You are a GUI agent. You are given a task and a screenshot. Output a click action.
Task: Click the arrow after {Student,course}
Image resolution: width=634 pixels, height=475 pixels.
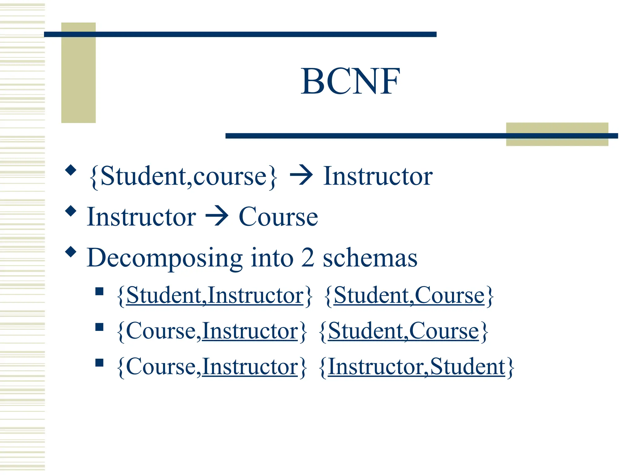click(x=301, y=176)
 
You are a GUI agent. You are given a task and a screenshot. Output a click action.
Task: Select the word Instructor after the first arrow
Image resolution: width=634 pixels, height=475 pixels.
click(x=378, y=176)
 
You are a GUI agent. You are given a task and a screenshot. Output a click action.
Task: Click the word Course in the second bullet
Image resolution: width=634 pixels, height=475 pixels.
click(x=278, y=217)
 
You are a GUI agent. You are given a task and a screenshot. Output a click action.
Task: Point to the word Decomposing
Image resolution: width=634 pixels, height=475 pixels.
click(x=164, y=258)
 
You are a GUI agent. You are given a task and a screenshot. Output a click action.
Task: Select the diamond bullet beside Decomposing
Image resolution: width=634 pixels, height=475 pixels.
click(x=71, y=252)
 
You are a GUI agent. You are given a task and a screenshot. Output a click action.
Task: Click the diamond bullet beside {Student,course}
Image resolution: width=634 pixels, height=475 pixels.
click(x=71, y=170)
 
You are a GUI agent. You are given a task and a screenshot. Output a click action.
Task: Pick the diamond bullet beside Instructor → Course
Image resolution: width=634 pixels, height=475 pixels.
click(x=71, y=211)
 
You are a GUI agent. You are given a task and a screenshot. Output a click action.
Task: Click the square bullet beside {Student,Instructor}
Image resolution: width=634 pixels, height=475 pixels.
click(x=99, y=291)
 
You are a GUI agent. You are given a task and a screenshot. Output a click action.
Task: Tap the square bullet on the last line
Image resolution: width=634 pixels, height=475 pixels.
click(x=99, y=362)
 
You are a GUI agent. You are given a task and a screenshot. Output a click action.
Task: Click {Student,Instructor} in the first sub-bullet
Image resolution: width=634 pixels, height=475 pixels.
click(x=215, y=296)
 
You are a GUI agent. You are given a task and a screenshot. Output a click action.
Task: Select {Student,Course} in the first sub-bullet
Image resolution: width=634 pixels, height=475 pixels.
click(x=409, y=296)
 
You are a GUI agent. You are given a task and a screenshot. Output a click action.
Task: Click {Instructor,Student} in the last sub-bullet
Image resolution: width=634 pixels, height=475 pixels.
click(x=416, y=367)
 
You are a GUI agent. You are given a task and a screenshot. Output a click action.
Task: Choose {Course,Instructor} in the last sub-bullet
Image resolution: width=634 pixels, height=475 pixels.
click(x=212, y=367)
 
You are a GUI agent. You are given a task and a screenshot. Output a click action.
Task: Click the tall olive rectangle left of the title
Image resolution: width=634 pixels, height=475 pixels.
click(x=78, y=73)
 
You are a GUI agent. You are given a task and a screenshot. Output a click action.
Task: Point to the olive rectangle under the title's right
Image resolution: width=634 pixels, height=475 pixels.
click(x=557, y=134)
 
